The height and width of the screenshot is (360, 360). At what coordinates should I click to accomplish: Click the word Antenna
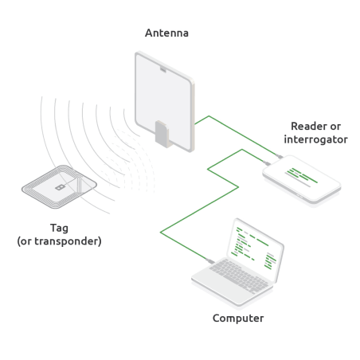[x=166, y=34]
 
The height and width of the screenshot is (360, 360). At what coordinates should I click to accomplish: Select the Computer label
[x=237, y=319]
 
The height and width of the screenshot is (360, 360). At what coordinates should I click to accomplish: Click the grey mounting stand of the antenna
[x=161, y=133]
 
